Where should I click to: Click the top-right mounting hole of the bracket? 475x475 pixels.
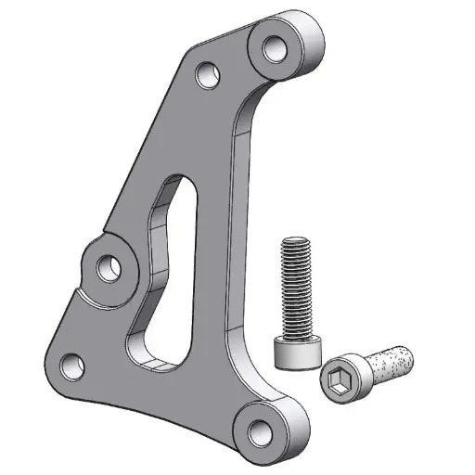tap(276, 45)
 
